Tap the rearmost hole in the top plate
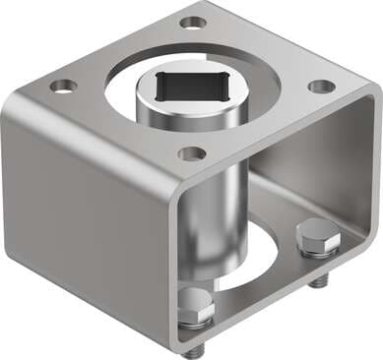[x=194, y=22]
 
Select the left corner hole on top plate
[x=63, y=86]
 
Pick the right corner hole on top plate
[x=321, y=86]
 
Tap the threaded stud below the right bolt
[x=317, y=283]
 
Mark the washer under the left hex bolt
[x=197, y=323]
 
